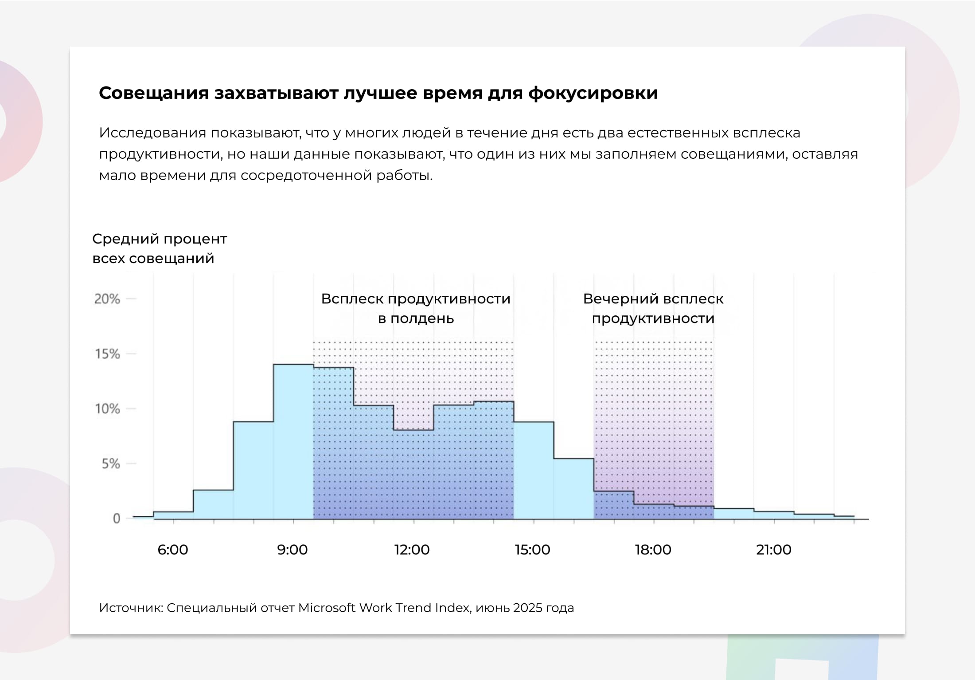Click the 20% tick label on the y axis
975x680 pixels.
coord(107,299)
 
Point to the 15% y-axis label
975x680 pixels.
coord(107,354)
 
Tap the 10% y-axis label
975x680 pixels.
coord(107,409)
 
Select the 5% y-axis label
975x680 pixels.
coord(111,464)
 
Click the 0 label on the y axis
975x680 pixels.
coord(117,518)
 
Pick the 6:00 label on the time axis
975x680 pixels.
coord(173,550)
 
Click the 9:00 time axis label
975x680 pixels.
coord(292,550)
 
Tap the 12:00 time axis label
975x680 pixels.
coord(412,550)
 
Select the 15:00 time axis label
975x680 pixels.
coord(532,550)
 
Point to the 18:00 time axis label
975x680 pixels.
coord(653,550)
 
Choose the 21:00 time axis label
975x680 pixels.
coord(774,550)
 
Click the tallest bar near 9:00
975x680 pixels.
coord(293,441)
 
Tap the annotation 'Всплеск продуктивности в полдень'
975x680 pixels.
coord(416,308)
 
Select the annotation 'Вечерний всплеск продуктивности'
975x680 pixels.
coord(653,308)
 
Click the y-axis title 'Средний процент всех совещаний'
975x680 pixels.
coord(160,248)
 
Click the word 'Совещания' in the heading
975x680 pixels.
coord(154,93)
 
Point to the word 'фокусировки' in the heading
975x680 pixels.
coord(593,93)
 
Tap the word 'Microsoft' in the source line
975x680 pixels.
coord(327,608)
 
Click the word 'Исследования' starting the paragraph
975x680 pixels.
coord(152,133)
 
